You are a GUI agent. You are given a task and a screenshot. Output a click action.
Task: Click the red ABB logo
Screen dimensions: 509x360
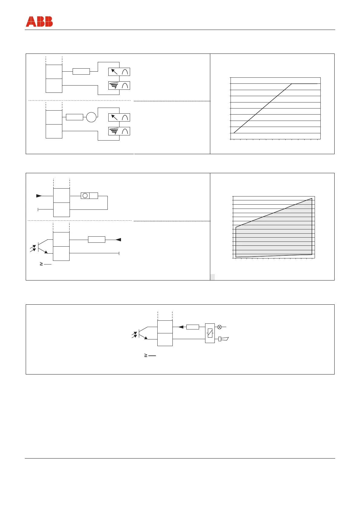tap(39, 22)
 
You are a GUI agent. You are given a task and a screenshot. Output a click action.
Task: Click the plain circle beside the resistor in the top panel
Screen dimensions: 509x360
tap(91, 117)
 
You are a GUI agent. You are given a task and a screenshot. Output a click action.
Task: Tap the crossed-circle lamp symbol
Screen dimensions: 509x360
tap(220, 327)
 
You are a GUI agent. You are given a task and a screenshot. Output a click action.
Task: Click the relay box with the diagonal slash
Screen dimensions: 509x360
tap(210, 333)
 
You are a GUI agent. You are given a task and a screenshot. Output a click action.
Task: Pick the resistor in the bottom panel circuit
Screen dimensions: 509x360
tap(192, 327)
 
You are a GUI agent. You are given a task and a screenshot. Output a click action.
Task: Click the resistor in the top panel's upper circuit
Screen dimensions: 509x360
tap(81, 72)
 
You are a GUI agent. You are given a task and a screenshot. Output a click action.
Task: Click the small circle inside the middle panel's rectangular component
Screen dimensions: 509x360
tap(85, 196)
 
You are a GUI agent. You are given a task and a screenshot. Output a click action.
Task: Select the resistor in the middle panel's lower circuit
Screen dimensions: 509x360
tap(97, 240)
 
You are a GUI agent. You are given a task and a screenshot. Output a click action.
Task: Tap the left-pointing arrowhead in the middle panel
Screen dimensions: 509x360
tap(118, 240)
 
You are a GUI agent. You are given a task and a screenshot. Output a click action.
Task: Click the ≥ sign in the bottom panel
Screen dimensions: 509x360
tap(146, 356)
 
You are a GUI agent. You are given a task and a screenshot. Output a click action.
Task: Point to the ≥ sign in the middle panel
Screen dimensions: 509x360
tap(41, 264)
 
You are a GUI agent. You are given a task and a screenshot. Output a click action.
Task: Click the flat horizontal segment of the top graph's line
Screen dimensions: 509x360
tap(304, 84)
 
